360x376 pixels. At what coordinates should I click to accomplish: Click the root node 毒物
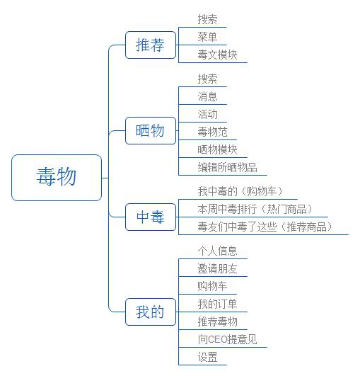57,177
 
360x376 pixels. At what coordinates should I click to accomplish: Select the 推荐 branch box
150,46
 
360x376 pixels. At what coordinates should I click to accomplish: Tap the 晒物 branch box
150,130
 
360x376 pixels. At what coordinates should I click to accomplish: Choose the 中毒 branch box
150,218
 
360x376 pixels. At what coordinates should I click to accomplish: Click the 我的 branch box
150,312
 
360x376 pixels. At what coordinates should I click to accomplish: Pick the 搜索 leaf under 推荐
208,19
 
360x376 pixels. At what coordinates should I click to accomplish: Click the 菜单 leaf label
208,37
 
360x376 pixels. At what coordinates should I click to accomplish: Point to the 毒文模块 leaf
218,55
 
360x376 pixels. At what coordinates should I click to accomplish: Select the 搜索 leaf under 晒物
208,79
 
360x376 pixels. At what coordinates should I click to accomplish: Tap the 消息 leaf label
208,96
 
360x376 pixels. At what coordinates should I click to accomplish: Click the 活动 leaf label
208,114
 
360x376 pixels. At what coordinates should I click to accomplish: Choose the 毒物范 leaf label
213,132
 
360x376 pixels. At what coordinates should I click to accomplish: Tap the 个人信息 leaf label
218,251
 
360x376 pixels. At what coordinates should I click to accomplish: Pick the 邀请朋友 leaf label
218,268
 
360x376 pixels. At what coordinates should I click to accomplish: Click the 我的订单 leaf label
218,304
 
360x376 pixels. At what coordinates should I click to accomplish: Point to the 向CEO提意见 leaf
228,339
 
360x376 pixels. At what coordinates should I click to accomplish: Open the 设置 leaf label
208,357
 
